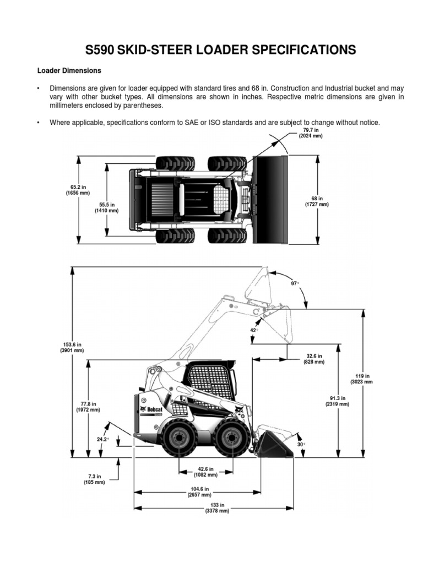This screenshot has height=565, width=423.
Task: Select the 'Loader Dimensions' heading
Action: (x=69, y=71)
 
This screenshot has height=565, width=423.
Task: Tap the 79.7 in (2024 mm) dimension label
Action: (x=310, y=132)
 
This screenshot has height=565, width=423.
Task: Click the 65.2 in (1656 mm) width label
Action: (x=77, y=190)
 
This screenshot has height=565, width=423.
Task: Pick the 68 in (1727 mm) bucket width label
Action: (x=317, y=201)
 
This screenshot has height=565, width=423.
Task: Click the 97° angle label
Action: (x=295, y=284)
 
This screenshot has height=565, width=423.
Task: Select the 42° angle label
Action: (x=254, y=331)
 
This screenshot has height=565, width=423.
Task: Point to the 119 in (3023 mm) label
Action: (x=362, y=379)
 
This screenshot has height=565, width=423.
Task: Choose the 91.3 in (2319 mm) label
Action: (x=337, y=401)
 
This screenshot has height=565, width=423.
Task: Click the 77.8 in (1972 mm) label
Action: (x=88, y=407)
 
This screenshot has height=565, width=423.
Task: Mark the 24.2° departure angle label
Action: (x=103, y=439)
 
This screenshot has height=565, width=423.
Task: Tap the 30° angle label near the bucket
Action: (x=301, y=444)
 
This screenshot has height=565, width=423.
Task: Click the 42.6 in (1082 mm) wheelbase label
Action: (x=205, y=471)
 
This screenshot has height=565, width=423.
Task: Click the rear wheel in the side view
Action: (x=178, y=439)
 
